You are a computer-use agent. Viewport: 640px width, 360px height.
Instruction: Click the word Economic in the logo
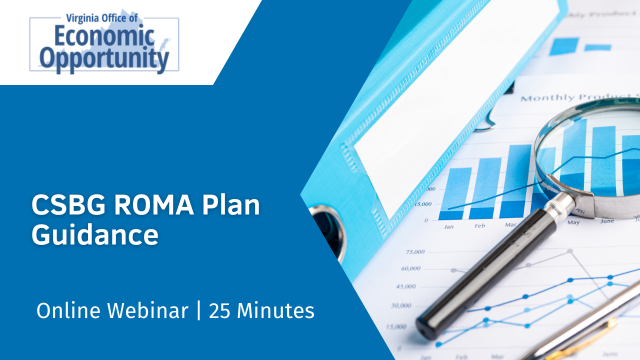click(x=98, y=37)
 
